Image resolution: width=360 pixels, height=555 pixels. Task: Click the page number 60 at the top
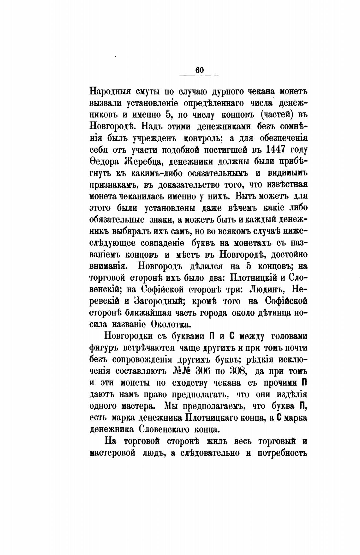click(x=200, y=70)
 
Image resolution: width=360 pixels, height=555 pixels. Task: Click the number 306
click(x=207, y=371)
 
